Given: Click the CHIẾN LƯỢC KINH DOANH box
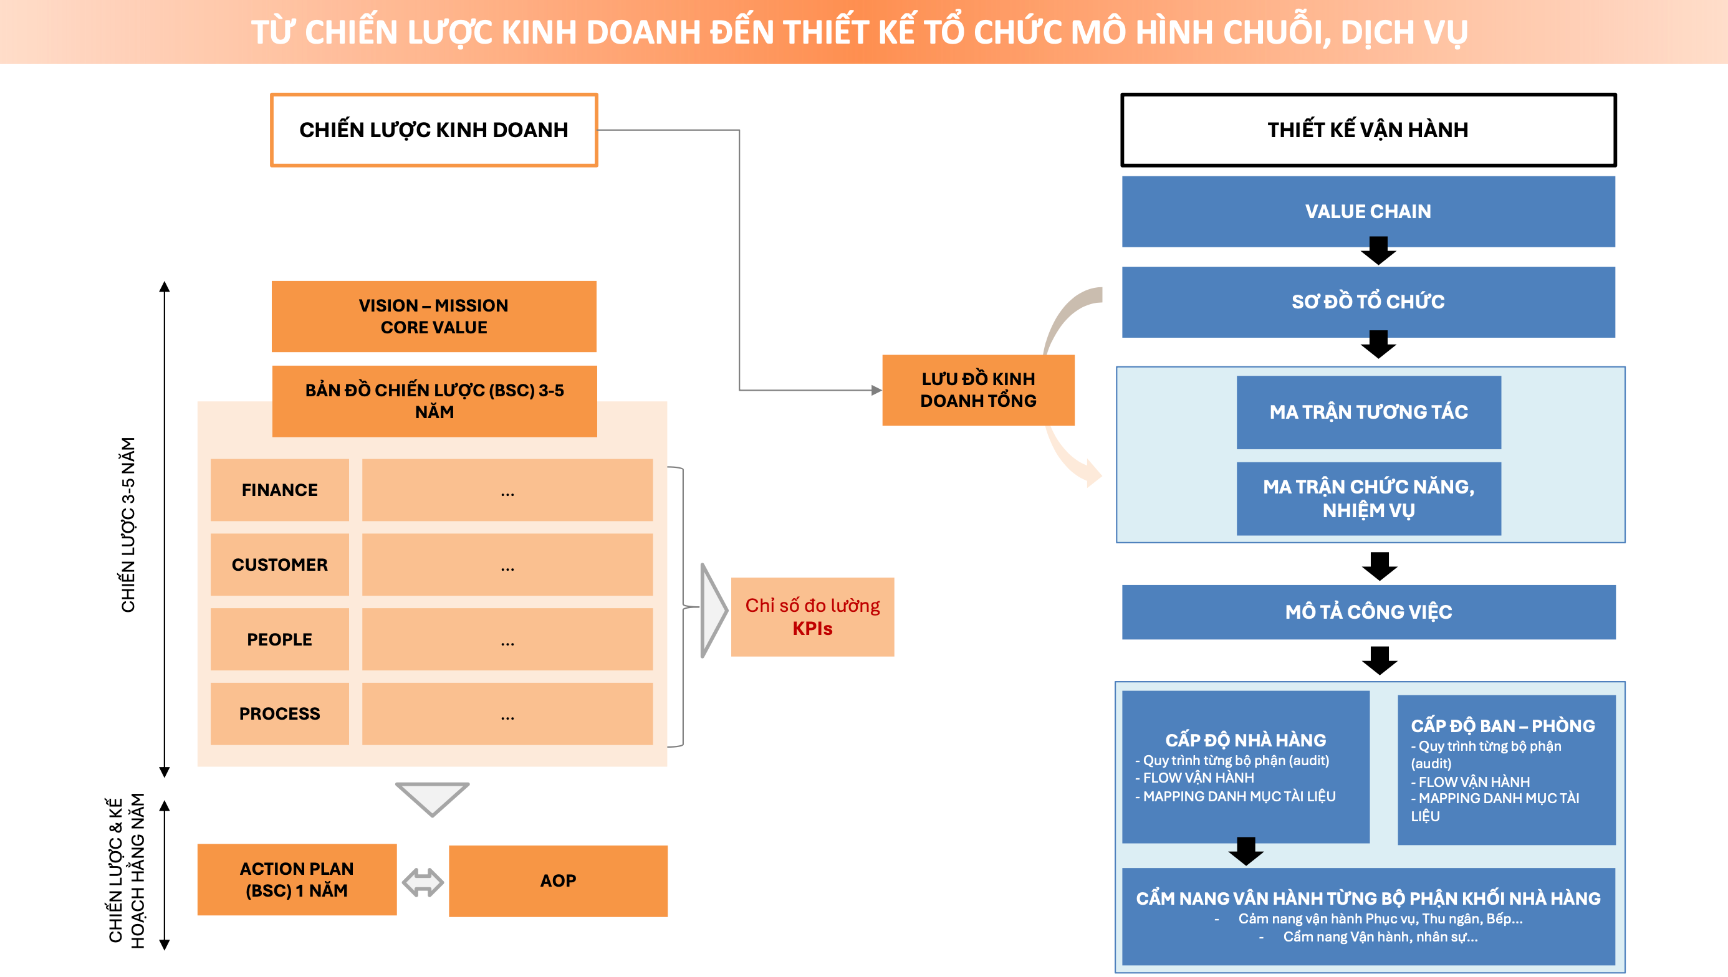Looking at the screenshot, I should (x=434, y=130).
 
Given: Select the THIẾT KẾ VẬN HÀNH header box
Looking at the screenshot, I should (x=1368, y=130).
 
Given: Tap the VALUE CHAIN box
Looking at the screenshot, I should (x=1368, y=211).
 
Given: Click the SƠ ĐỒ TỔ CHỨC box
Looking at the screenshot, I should (x=1368, y=302).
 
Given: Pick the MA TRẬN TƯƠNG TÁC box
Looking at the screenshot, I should (x=1368, y=411).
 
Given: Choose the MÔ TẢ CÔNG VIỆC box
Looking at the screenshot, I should (x=1368, y=611).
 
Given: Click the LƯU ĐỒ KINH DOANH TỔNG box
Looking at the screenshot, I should (x=977, y=390).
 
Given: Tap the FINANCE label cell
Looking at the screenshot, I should (x=279, y=490).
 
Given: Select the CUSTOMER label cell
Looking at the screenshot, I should (x=279, y=565).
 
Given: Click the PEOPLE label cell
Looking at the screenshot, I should (x=279, y=639).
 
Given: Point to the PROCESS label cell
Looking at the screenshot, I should (x=279, y=713).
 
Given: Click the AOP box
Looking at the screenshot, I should (x=558, y=880).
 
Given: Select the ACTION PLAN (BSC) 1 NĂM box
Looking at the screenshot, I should (x=297, y=879).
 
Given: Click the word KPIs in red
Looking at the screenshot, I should (x=812, y=629).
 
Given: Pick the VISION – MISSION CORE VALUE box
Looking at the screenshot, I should (x=434, y=316).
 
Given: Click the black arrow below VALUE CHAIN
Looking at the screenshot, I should (x=1378, y=251).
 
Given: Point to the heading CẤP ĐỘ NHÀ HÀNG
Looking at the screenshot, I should (x=1246, y=740).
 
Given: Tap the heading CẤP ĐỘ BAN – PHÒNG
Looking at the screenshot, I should (x=1502, y=725).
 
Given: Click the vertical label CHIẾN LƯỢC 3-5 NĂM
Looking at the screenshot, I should (x=128, y=525).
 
